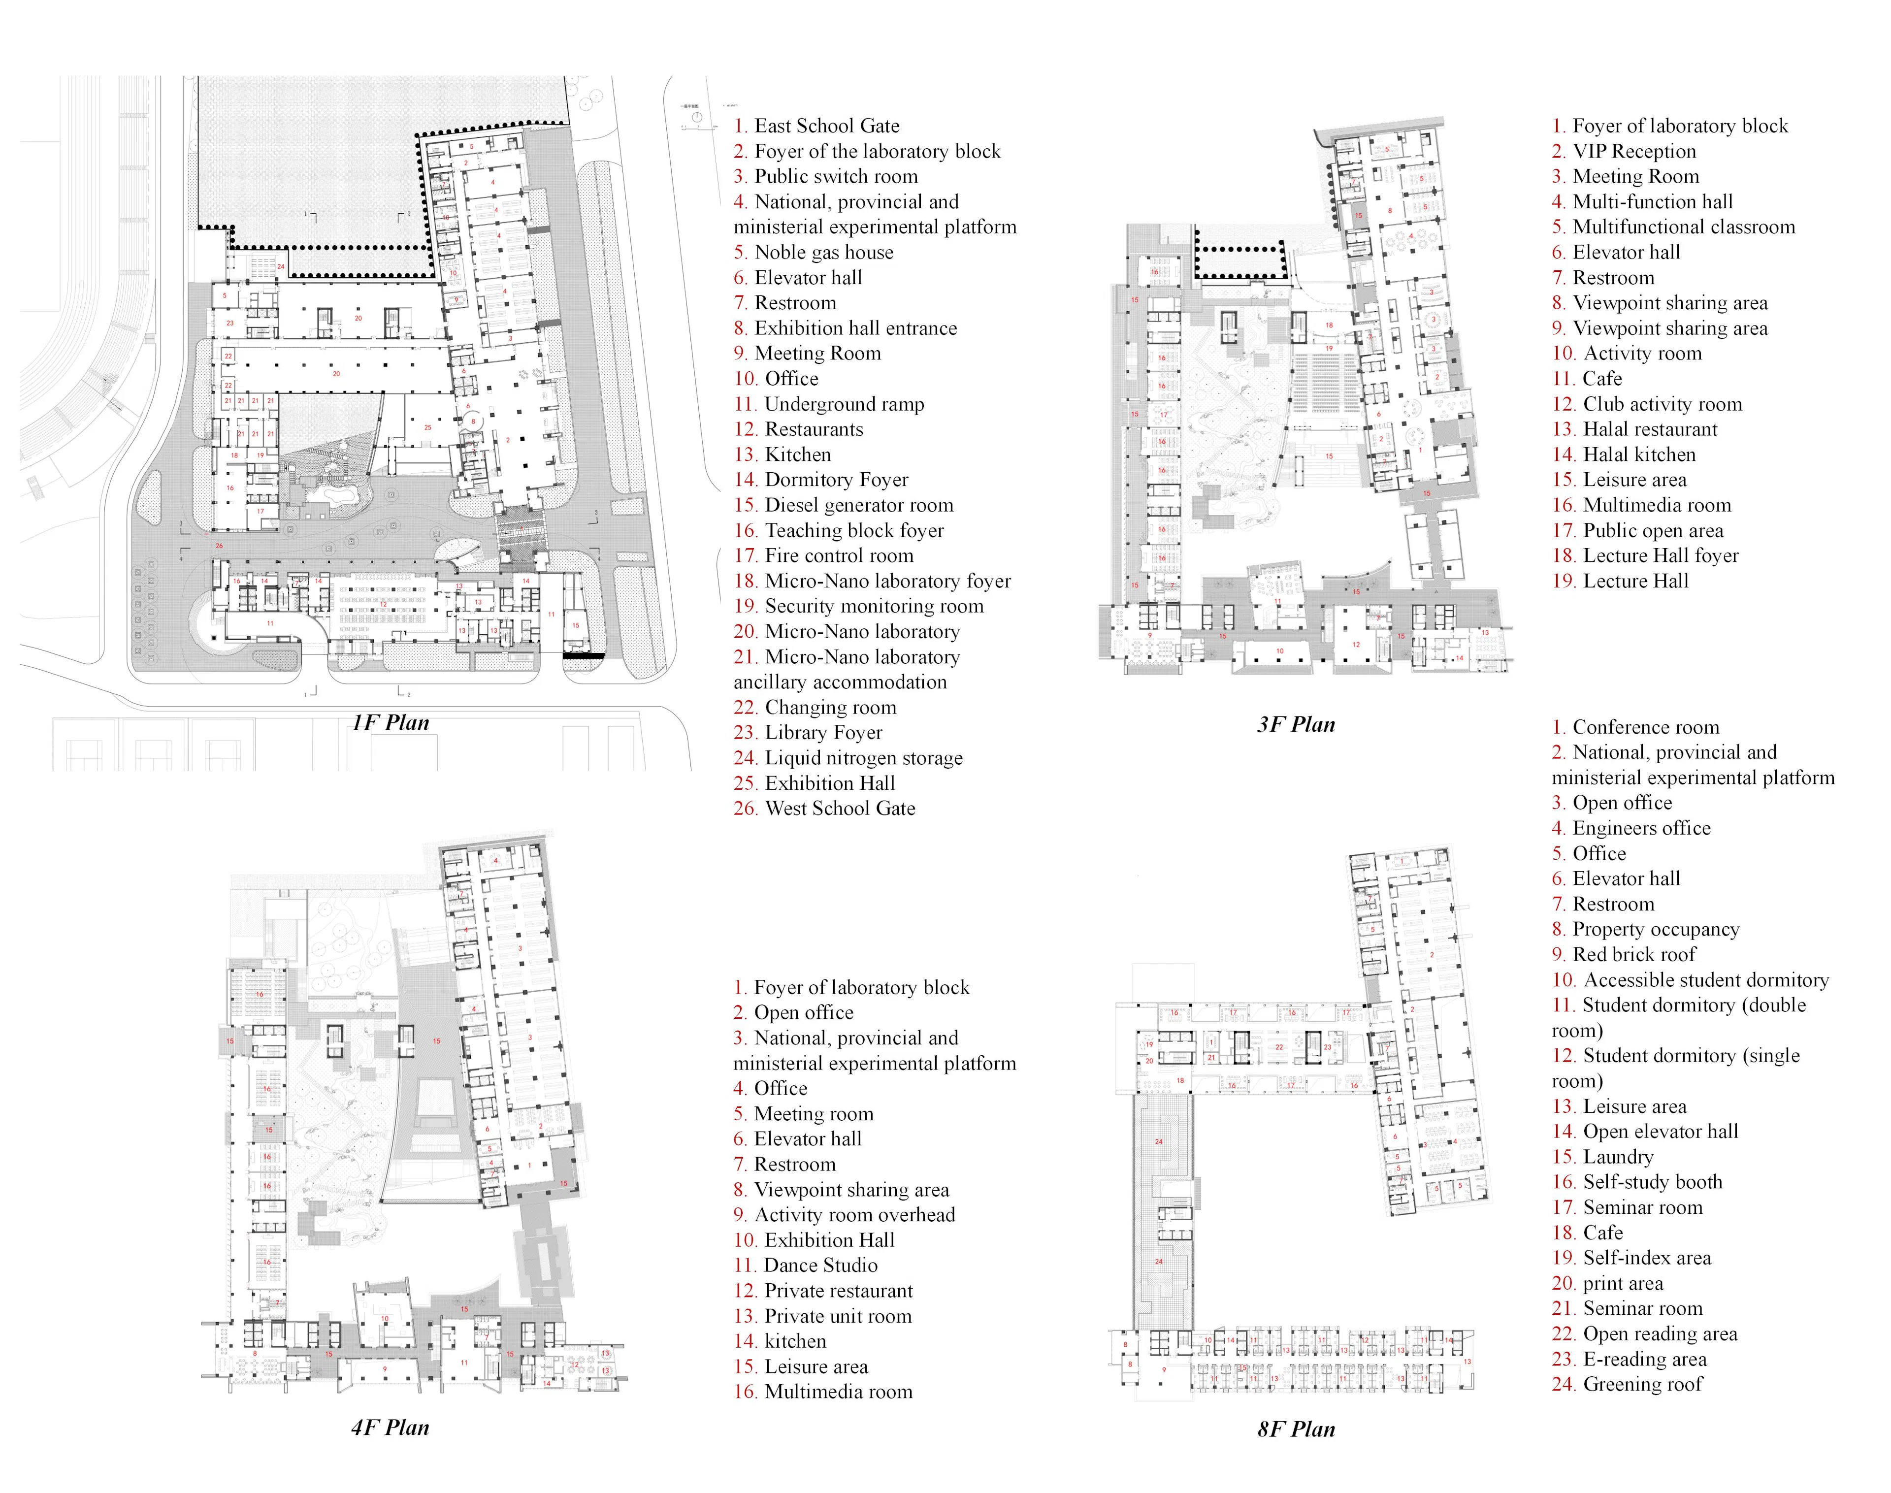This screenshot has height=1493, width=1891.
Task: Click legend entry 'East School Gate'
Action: point(826,126)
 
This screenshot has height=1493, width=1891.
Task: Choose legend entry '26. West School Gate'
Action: point(824,809)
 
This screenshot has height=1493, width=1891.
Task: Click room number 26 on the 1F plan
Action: point(220,546)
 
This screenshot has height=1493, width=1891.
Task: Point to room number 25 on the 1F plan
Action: point(427,427)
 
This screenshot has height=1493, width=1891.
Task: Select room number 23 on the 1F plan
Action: point(230,323)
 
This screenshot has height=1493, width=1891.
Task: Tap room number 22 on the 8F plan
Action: point(1279,1046)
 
